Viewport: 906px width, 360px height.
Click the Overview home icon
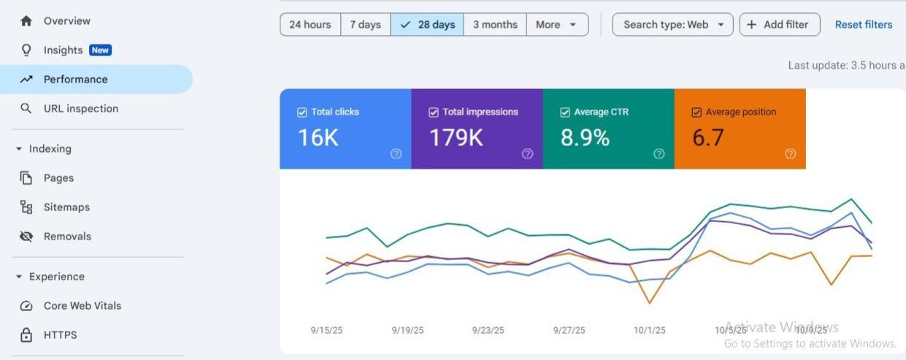[26, 21]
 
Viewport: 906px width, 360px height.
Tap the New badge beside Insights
[100, 50]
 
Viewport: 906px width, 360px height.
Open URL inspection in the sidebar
[81, 108]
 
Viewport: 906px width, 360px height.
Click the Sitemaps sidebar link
[66, 207]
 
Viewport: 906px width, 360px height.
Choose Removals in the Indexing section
[68, 236]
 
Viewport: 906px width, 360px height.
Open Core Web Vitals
[82, 306]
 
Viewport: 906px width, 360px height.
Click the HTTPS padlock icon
[26, 335]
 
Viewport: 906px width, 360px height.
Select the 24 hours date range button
[310, 25]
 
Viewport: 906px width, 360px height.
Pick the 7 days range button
[366, 25]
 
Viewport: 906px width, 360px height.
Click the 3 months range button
[495, 25]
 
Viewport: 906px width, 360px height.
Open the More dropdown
[557, 25]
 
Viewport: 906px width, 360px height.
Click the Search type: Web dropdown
[672, 25]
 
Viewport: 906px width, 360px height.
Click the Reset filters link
[864, 25]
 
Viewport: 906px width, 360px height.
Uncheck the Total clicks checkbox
[302, 112]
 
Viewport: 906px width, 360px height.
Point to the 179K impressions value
[456, 137]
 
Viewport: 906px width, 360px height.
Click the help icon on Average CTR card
[659, 153]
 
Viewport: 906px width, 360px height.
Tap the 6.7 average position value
[707, 137]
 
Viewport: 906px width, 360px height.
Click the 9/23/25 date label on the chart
[488, 331]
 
